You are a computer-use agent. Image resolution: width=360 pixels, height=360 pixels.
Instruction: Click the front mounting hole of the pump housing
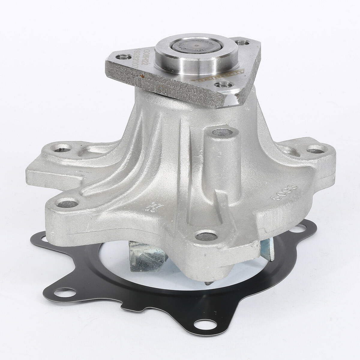[x=205, y=236]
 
